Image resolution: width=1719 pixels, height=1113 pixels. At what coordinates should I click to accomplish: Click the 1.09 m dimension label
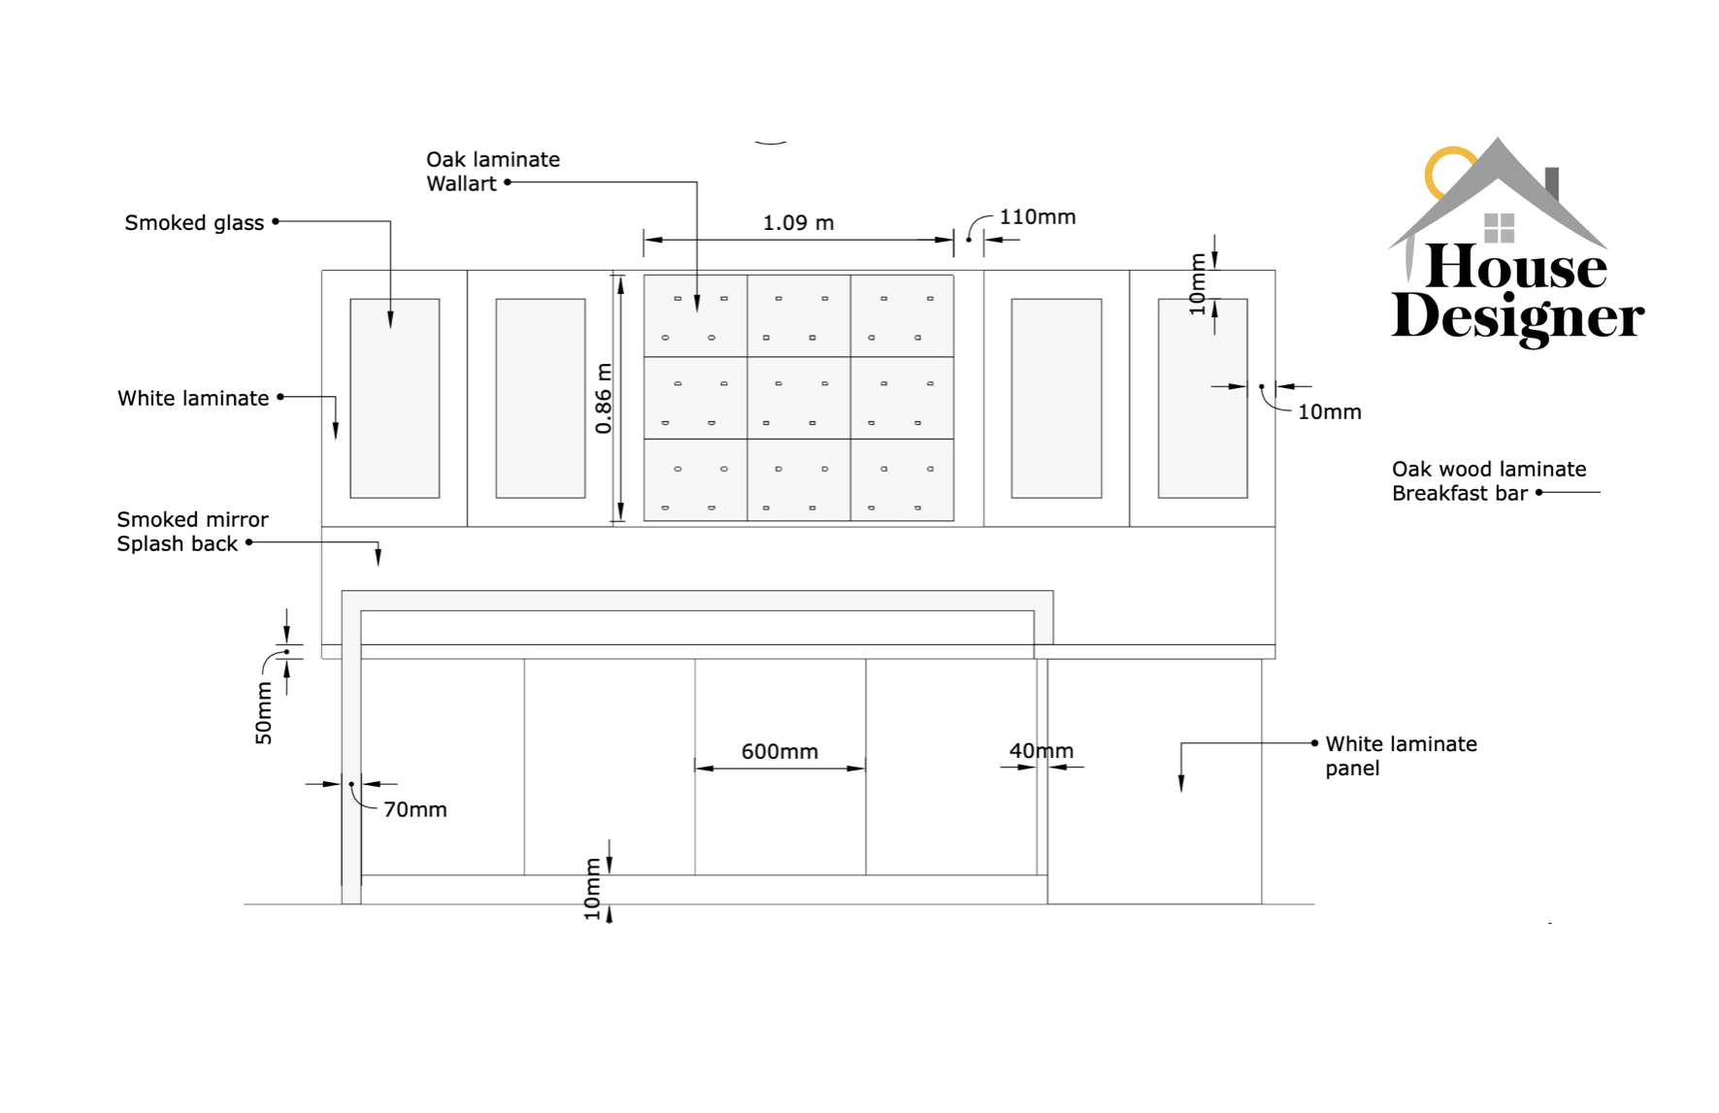(798, 223)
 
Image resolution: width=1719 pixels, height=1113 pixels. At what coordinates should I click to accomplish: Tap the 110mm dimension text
(1038, 217)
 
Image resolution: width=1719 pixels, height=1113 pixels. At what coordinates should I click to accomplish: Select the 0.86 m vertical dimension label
(604, 399)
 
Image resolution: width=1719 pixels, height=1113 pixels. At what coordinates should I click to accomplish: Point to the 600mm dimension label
(779, 752)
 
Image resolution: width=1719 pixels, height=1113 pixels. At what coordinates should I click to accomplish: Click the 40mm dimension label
(1041, 751)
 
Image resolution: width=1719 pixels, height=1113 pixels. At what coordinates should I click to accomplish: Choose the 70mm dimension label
(414, 810)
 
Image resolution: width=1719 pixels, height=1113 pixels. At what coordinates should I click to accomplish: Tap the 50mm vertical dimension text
(264, 713)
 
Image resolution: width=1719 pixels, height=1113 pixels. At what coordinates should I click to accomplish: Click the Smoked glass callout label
(194, 223)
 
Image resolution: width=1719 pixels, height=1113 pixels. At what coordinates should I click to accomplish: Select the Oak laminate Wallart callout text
(492, 172)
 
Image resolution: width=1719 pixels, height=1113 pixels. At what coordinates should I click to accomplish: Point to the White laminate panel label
(1400, 756)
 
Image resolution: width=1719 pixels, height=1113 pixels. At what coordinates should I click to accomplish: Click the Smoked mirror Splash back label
(192, 532)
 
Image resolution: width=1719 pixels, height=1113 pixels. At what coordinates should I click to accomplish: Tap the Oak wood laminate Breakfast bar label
(1488, 481)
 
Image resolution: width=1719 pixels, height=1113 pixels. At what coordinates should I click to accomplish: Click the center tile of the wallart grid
(799, 398)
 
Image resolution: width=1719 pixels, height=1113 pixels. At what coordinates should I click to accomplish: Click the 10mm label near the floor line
(592, 889)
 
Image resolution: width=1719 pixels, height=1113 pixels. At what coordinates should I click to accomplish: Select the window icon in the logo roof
(1499, 228)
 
